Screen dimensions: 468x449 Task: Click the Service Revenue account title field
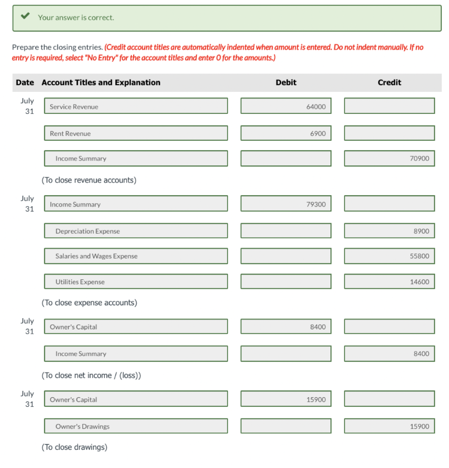point(135,106)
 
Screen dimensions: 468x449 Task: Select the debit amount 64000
point(286,106)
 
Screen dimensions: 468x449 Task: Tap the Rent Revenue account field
point(135,133)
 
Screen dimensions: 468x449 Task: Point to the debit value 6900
point(286,133)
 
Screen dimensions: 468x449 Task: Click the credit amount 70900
point(389,159)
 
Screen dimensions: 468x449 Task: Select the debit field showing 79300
point(286,204)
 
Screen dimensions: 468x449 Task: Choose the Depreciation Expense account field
point(135,231)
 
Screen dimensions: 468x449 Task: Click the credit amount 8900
point(389,231)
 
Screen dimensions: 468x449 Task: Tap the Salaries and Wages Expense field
point(135,256)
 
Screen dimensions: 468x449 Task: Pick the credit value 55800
point(389,256)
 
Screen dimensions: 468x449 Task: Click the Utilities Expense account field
point(135,282)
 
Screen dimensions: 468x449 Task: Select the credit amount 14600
point(389,282)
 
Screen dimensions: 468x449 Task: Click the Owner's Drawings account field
point(135,426)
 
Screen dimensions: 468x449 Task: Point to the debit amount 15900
point(286,399)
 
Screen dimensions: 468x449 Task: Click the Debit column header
point(286,83)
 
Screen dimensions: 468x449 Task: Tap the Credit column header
point(389,83)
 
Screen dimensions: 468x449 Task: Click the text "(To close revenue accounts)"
point(89,180)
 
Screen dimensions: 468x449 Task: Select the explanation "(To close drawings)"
point(74,447)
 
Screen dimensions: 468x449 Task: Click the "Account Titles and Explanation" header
point(101,83)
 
